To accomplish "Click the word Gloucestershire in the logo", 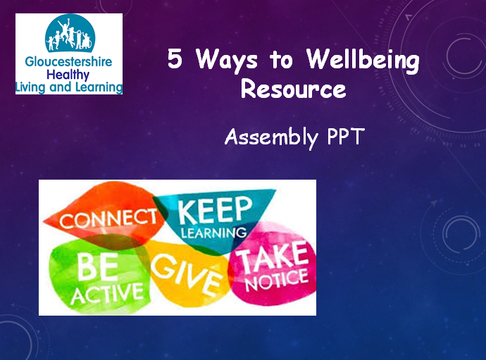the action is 68,61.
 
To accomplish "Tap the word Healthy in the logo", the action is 68,75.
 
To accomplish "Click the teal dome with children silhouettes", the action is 70,34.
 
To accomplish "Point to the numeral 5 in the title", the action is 175,58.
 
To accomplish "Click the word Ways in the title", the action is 227,60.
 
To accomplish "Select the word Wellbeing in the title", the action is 363,60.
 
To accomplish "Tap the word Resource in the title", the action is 293,89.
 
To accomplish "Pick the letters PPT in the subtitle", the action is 346,136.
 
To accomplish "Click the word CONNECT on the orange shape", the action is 108,218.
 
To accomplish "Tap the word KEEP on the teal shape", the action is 215,210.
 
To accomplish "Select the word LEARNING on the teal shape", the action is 214,232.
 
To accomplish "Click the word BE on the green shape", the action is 98,267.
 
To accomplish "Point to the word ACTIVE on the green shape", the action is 107,293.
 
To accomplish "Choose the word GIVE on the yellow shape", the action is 187,274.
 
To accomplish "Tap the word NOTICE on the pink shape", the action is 277,280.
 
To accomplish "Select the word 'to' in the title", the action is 282,60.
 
